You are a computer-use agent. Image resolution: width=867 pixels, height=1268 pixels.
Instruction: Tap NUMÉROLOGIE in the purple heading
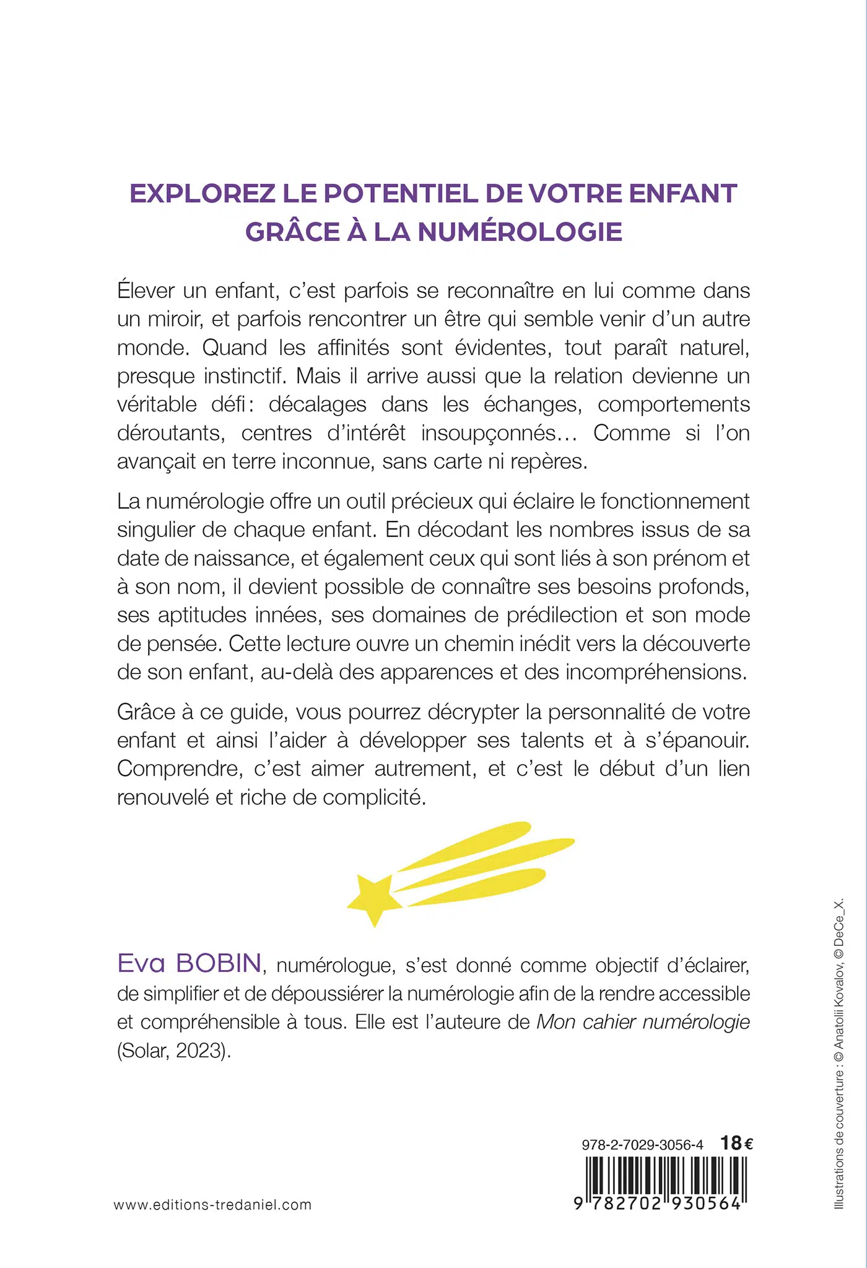coord(520,232)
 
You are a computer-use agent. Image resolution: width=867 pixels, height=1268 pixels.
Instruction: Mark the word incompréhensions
coord(656,672)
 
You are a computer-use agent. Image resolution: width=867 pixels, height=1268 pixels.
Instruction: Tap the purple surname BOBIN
coord(219,963)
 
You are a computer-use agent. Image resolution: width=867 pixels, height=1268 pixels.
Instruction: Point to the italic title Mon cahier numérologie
coord(643,1021)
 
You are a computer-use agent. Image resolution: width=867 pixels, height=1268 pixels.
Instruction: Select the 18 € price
coord(737,1143)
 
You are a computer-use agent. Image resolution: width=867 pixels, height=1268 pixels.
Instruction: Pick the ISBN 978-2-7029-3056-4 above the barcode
coord(643,1145)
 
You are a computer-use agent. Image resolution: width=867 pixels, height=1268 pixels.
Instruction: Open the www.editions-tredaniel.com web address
coord(212,1205)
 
